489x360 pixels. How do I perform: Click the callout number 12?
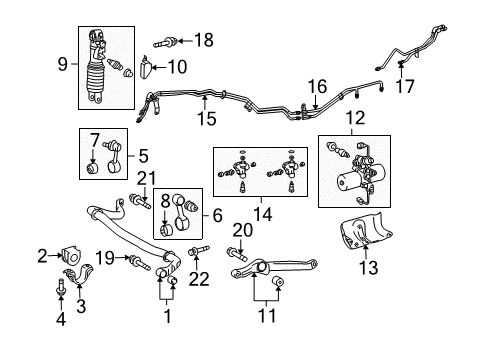353,120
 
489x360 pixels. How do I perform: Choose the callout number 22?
200,278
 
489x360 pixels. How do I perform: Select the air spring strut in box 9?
101,66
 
